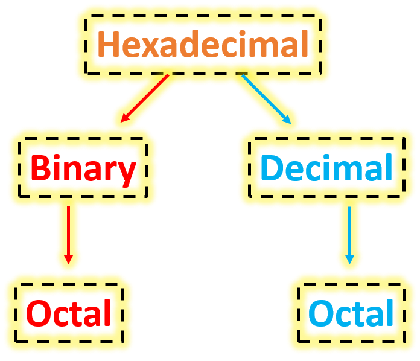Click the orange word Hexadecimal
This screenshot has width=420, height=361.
203,43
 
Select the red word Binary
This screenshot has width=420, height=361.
83,168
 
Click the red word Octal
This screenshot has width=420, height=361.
69,313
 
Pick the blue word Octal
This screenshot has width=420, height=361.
351,314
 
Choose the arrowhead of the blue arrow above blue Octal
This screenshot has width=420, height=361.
349,259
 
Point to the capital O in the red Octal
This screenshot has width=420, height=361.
40,313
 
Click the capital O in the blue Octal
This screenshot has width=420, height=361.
322,314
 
